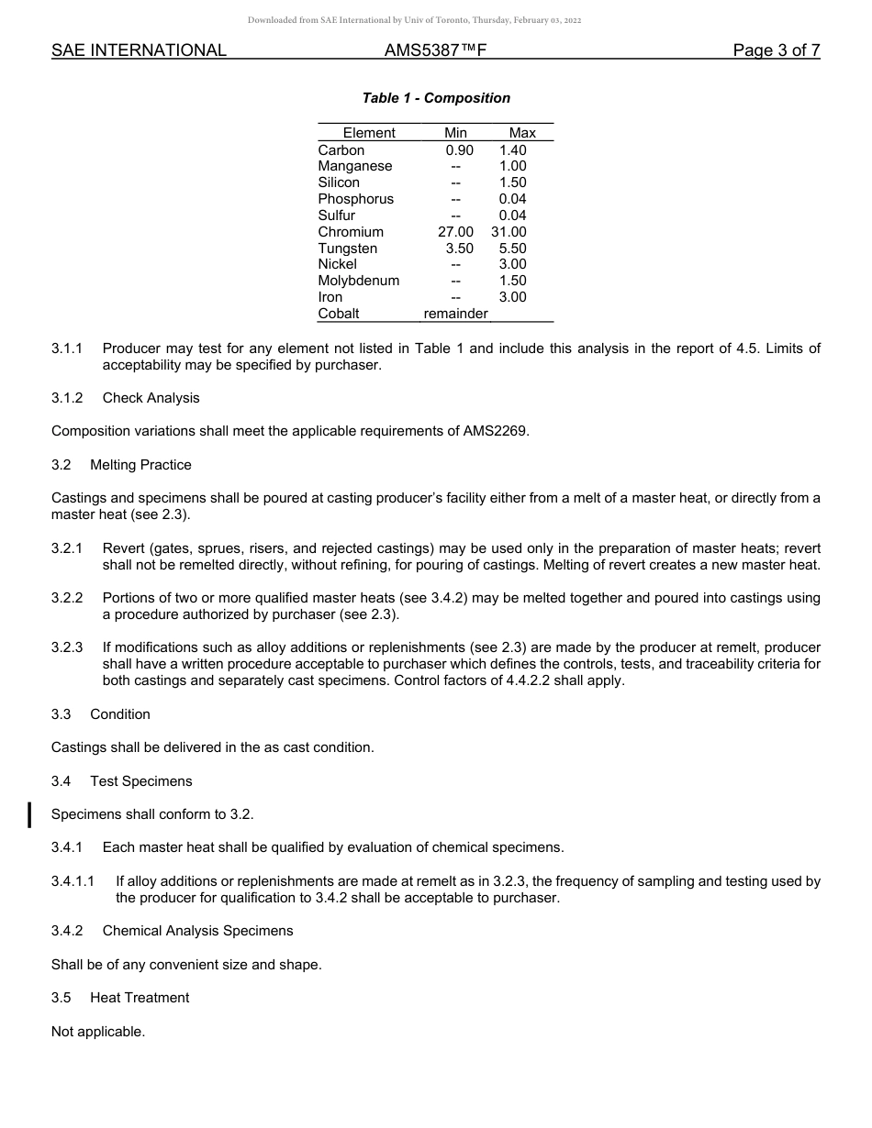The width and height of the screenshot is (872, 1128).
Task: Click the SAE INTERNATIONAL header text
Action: tap(139, 50)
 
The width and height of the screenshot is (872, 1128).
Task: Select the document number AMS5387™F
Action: tap(435, 50)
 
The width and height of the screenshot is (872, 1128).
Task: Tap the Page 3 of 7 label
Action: tap(776, 50)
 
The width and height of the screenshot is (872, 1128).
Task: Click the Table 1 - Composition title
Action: tap(436, 98)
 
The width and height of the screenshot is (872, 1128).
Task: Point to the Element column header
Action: tap(369, 133)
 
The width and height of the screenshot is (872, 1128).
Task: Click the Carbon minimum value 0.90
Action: tap(459, 150)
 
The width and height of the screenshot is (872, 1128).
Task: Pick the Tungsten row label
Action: tap(347, 249)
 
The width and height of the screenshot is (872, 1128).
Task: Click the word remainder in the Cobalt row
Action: tap(455, 314)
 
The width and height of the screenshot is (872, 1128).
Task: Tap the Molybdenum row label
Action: tap(358, 281)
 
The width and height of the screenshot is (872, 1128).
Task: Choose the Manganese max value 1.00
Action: tap(512, 166)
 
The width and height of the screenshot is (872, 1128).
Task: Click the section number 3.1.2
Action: tap(67, 398)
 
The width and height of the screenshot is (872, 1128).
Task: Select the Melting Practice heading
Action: tap(140, 465)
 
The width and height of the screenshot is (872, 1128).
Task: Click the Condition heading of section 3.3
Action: tap(120, 714)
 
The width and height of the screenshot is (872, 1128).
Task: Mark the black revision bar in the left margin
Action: tap(30, 814)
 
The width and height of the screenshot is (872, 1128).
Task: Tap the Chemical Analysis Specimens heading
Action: tap(197, 931)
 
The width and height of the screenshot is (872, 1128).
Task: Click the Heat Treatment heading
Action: tap(140, 998)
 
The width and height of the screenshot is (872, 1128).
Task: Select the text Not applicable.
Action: tap(98, 1032)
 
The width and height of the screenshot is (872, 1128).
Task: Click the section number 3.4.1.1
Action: tap(73, 881)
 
